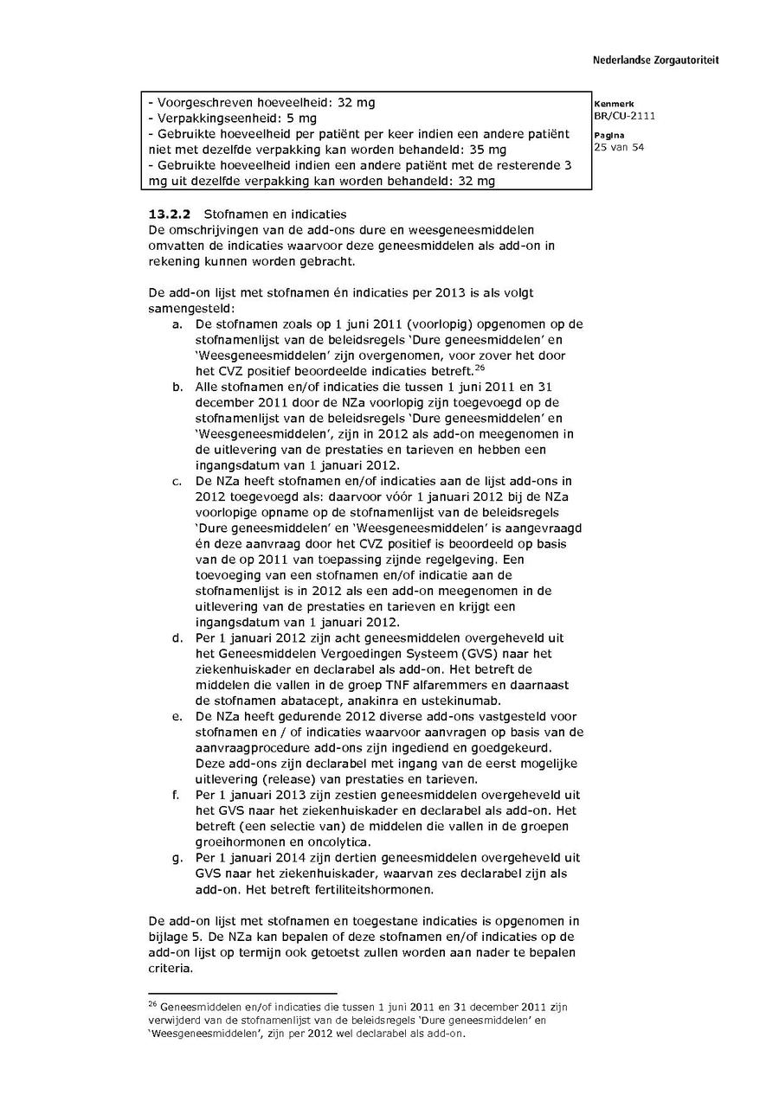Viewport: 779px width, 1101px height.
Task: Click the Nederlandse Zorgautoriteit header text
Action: (655, 61)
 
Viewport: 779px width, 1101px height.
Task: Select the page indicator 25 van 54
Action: (619, 147)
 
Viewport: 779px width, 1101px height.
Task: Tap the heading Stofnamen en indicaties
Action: (274, 213)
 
